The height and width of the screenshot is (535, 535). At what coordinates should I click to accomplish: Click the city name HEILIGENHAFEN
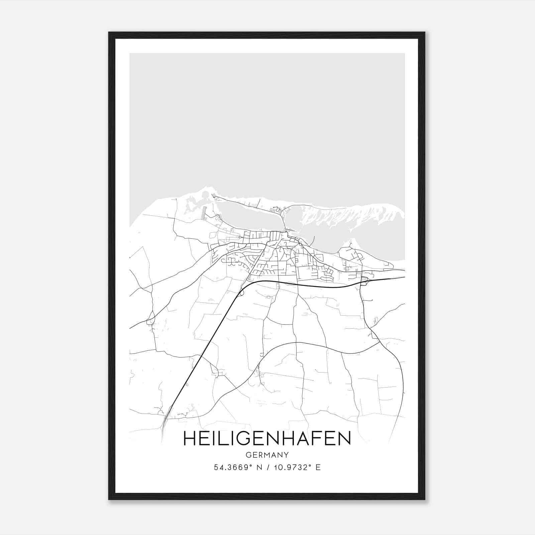click(x=267, y=438)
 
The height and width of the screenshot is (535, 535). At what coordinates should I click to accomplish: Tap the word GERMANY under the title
click(x=267, y=455)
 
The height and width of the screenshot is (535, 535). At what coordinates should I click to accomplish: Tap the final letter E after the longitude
click(x=318, y=467)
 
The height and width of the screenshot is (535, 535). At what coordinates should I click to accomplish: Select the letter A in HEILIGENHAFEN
click(x=306, y=438)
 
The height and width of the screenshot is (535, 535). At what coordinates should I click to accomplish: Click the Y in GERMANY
click(x=286, y=455)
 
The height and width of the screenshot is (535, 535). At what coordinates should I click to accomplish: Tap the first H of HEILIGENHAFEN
click(x=190, y=438)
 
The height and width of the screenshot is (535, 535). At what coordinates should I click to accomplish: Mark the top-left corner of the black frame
click(x=109, y=33)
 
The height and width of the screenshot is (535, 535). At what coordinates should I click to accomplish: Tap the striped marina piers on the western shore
click(x=203, y=212)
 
